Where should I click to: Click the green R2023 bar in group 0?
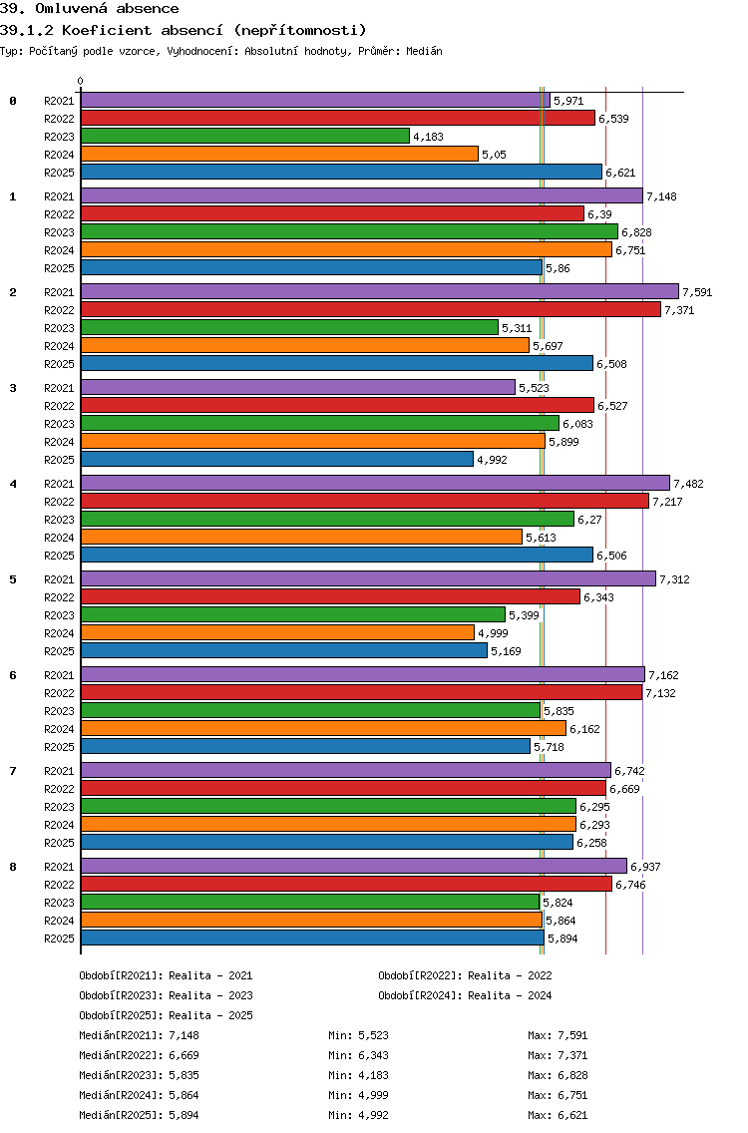pyautogui.click(x=244, y=136)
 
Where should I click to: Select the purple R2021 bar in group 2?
pyautogui.click(x=379, y=291)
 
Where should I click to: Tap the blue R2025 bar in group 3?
pyautogui.click(x=276, y=459)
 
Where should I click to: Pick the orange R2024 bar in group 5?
pyautogui.click(x=277, y=632)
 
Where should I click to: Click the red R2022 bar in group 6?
pyautogui.click(x=361, y=692)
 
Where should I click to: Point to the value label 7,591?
pyautogui.click(x=697, y=292)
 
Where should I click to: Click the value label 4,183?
pyautogui.click(x=428, y=137)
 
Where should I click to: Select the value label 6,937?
pyautogui.click(x=645, y=867)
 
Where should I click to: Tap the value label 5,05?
pyautogui.click(x=495, y=155)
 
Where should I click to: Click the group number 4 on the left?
pyautogui.click(x=13, y=484)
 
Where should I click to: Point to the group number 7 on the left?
pyautogui.click(x=13, y=771)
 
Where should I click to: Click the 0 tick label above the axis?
pyautogui.click(x=81, y=81)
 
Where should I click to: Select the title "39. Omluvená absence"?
pyautogui.click(x=90, y=9)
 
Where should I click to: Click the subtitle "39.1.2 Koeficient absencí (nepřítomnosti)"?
pyautogui.click(x=184, y=30)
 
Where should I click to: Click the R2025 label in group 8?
pyautogui.click(x=59, y=939)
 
